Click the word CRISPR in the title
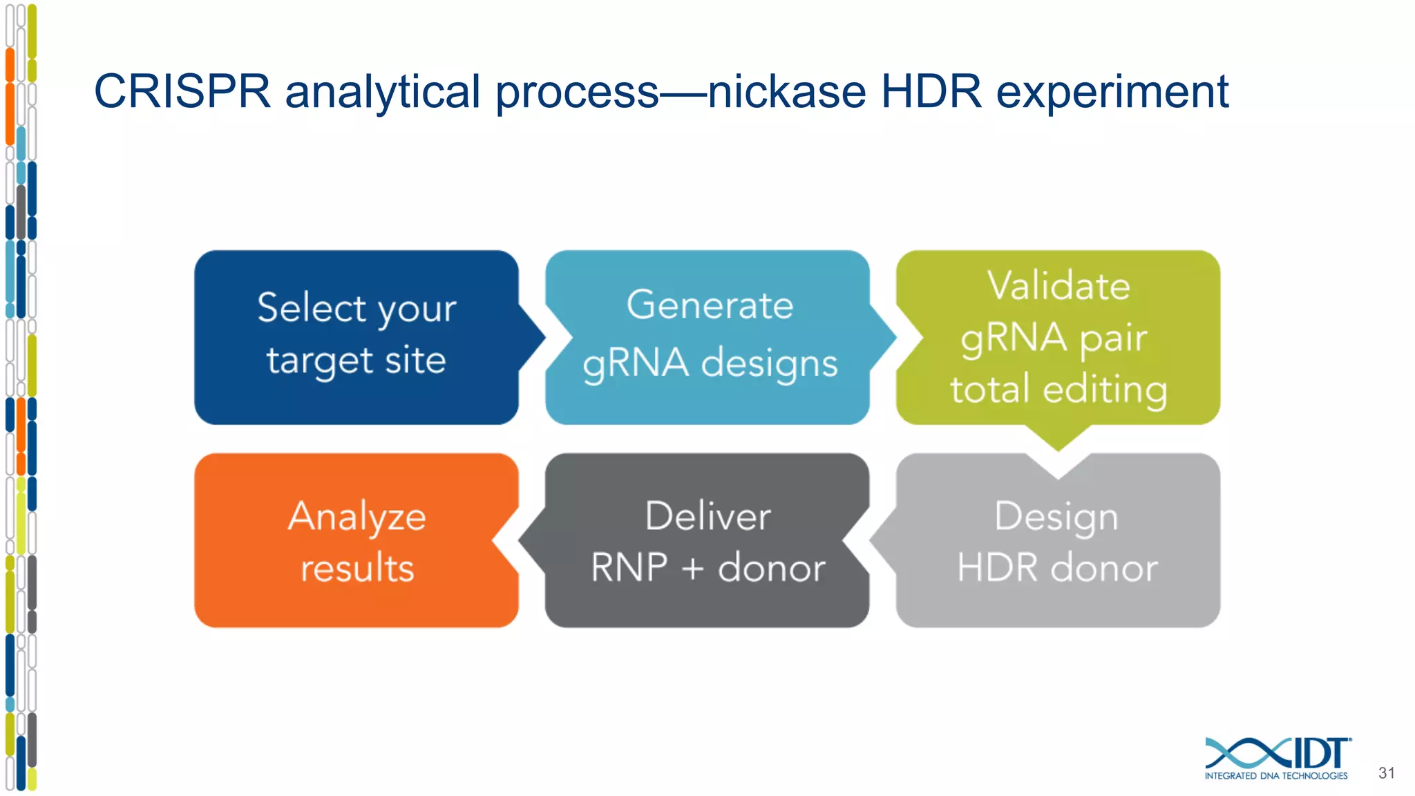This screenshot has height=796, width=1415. coord(182,92)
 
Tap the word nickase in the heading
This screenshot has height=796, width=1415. coord(786,92)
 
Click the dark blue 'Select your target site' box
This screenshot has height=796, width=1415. coord(356,337)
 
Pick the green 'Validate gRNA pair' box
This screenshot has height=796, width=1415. coord(1058,337)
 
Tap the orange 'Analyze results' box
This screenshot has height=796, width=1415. coord(356,540)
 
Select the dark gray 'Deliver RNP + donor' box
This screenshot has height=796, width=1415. coord(707,540)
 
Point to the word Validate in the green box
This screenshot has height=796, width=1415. coord(1058,285)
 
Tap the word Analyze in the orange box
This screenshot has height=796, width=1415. coord(357,517)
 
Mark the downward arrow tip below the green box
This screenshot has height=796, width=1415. coord(1058,446)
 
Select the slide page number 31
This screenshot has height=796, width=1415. coord(1386,773)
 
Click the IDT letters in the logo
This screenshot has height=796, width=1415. coord(1320,753)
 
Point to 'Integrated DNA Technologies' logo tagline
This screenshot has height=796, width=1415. coord(1275,776)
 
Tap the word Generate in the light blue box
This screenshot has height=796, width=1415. coord(710,305)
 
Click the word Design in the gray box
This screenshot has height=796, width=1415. coord(1056,517)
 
